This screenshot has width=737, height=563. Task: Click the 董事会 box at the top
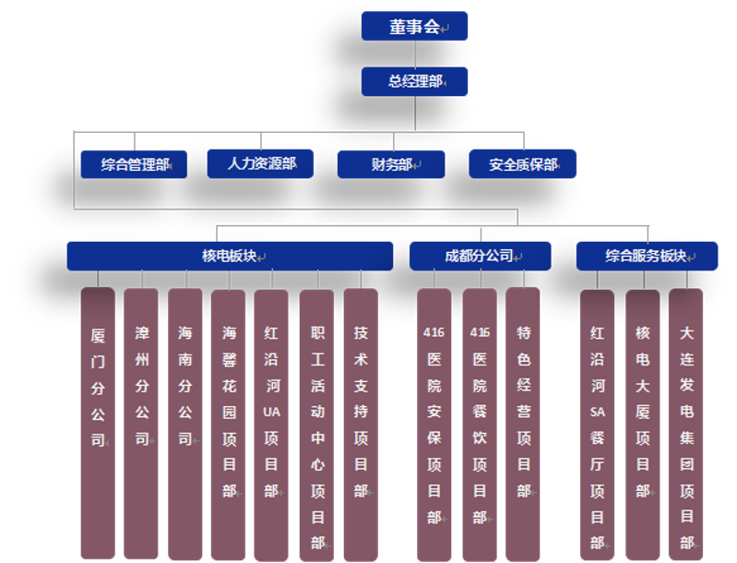(414, 27)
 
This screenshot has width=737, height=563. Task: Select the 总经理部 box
(414, 81)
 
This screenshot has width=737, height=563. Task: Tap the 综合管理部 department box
(134, 165)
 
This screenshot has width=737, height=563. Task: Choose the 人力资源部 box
(259, 164)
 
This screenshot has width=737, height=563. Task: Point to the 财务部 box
(391, 165)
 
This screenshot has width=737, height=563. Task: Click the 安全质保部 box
(522, 165)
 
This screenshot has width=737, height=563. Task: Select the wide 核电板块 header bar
(230, 256)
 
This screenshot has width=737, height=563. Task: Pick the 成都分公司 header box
(480, 256)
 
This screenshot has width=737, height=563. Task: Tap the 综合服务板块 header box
(647, 256)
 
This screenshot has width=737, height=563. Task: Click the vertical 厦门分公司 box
(98, 425)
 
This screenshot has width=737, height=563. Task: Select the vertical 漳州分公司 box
(141, 425)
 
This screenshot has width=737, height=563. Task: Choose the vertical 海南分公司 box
(184, 425)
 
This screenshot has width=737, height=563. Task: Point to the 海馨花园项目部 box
(228, 425)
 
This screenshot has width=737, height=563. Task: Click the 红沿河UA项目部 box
(271, 425)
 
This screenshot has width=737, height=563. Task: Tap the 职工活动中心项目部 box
(316, 425)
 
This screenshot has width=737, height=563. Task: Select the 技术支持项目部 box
(361, 425)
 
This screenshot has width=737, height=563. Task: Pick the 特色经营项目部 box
(523, 425)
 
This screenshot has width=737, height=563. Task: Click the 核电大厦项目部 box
(643, 425)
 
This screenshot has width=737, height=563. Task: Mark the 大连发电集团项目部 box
(685, 425)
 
